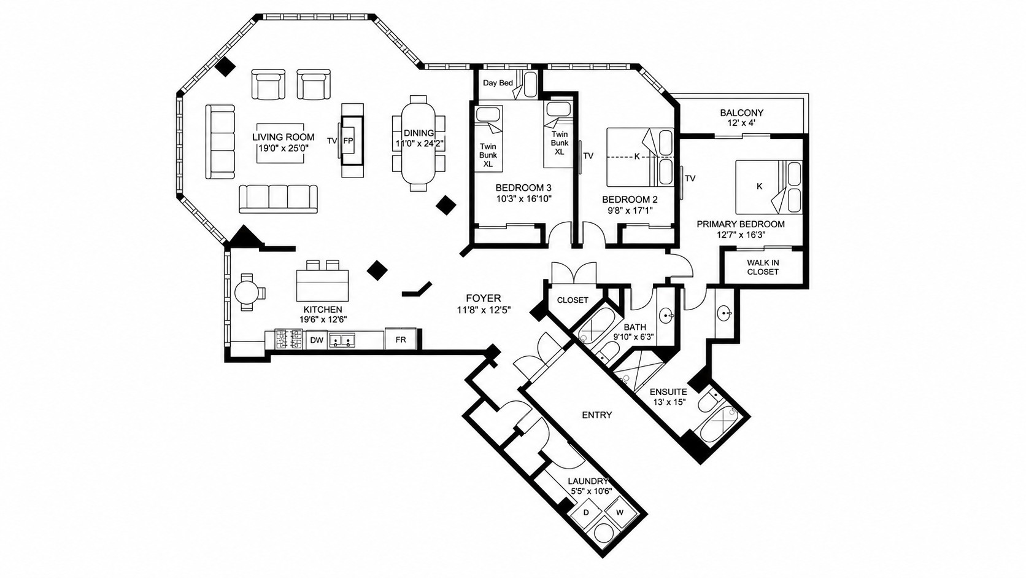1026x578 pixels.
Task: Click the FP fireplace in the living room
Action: click(x=353, y=141)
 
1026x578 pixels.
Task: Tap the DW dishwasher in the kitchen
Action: click(x=317, y=340)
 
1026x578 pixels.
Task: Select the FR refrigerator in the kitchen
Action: click(x=400, y=339)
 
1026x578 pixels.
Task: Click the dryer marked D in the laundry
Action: click(x=586, y=512)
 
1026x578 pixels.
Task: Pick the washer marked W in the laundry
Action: click(x=620, y=512)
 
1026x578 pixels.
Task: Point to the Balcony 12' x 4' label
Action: click(x=741, y=117)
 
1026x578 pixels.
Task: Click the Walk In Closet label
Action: click(x=763, y=267)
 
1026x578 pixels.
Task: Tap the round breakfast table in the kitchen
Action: click(x=247, y=292)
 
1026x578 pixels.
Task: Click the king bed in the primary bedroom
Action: click(x=769, y=187)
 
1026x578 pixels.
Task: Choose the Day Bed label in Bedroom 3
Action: click(x=498, y=83)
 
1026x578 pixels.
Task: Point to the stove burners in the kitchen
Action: click(x=288, y=340)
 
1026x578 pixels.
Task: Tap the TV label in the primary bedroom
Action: click(x=690, y=178)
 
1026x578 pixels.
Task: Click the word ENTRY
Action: click(x=597, y=415)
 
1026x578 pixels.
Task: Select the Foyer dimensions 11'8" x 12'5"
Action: click(x=484, y=310)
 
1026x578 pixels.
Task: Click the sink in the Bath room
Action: click(x=666, y=315)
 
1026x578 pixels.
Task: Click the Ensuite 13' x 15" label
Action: click(x=668, y=397)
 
